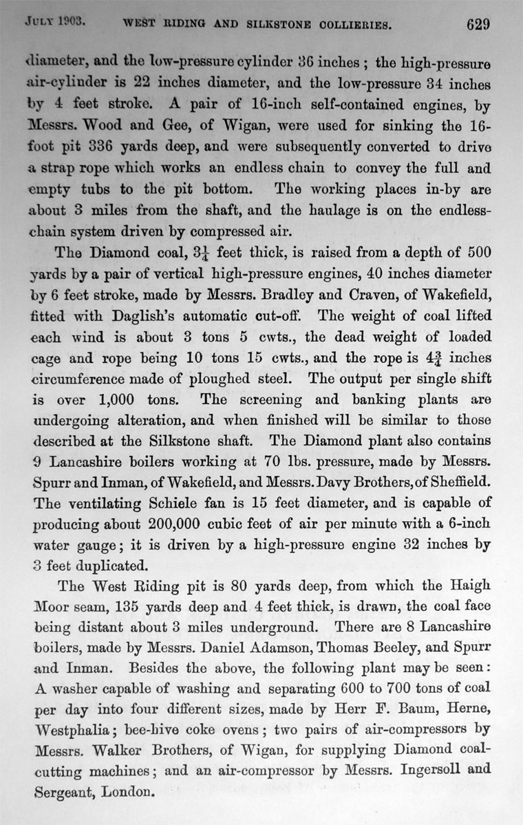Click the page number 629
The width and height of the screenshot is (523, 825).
point(477,25)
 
